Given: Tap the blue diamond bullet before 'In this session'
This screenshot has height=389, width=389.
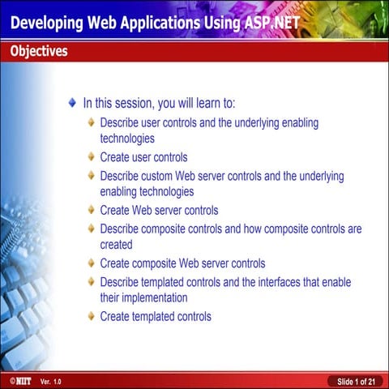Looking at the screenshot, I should click(x=73, y=104).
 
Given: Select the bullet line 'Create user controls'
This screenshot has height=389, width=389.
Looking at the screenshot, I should click(x=143, y=157).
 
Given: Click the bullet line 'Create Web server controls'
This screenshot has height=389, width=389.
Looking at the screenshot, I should click(x=159, y=211).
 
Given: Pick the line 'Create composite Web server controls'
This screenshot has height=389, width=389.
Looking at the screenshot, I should click(x=182, y=263).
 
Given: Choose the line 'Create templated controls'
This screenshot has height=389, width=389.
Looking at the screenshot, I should click(x=156, y=316).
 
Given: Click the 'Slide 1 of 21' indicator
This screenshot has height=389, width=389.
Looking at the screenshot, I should click(x=355, y=381).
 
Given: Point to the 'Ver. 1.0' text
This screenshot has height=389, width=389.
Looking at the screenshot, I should click(x=50, y=381).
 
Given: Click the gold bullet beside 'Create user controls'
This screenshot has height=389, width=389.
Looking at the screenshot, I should click(x=92, y=157).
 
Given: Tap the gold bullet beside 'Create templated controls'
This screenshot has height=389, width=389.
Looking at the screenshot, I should click(x=92, y=316).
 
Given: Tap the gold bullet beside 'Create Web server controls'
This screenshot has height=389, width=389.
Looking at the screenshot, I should click(x=92, y=211).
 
